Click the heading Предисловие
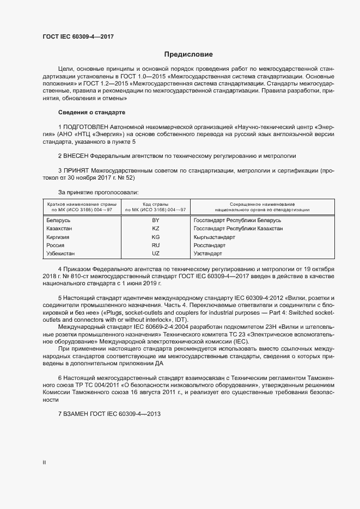(188, 54)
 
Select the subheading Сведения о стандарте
(91, 112)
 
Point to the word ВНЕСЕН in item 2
(76, 156)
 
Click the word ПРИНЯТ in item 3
(76, 170)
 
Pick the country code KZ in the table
(156, 229)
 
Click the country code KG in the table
(156, 237)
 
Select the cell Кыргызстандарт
(214, 237)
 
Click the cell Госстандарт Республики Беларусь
(237, 220)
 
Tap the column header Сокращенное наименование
(263, 204)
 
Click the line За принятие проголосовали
(99, 192)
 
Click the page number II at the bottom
(45, 463)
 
